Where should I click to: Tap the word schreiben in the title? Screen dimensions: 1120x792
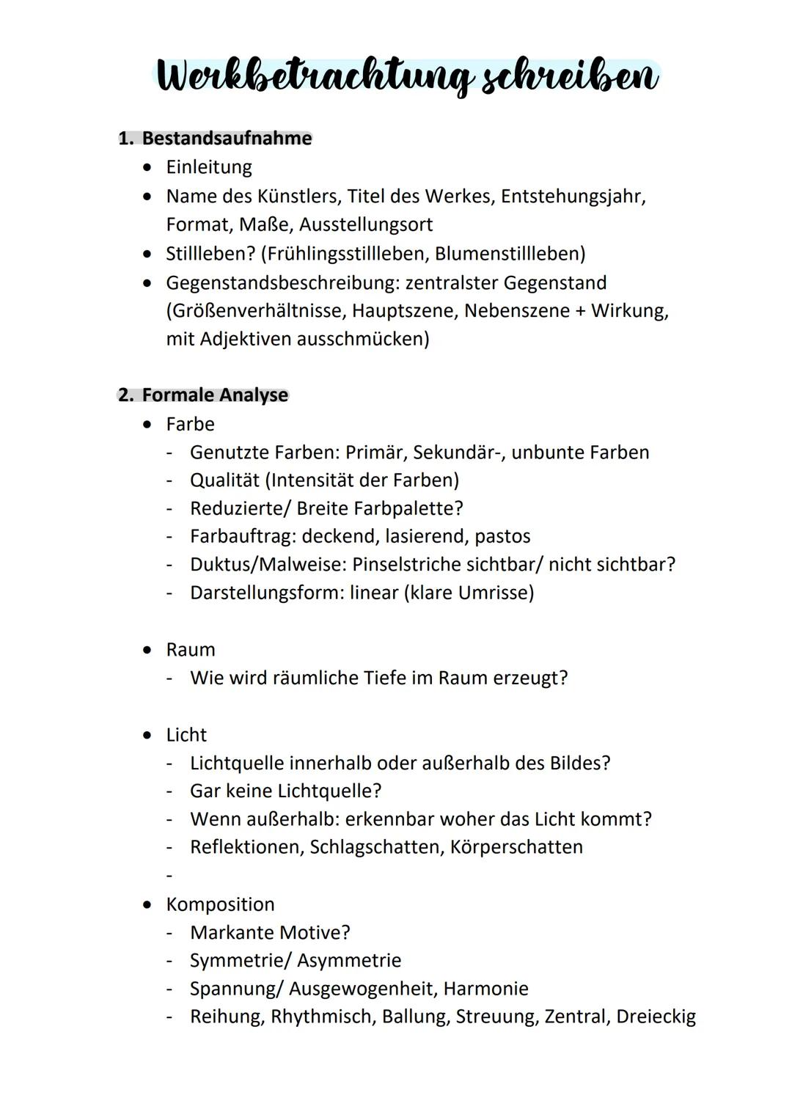568,76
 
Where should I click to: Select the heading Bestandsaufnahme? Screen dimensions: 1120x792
227,139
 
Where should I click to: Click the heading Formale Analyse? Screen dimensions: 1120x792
215,395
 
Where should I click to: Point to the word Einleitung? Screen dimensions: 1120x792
209,167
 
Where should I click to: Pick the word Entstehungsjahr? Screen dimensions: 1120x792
573,197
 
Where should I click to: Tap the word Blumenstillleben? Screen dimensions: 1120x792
510,254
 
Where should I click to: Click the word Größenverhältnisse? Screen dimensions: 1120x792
256,311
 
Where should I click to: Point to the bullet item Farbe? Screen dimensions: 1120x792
190,424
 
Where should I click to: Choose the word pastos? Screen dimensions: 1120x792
502,536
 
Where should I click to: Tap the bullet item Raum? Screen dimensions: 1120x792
191,650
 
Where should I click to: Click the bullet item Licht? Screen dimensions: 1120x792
186,735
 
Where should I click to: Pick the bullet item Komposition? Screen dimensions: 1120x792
220,904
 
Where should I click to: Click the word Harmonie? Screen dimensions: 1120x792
485,989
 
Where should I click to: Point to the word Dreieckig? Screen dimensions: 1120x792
656,1017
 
